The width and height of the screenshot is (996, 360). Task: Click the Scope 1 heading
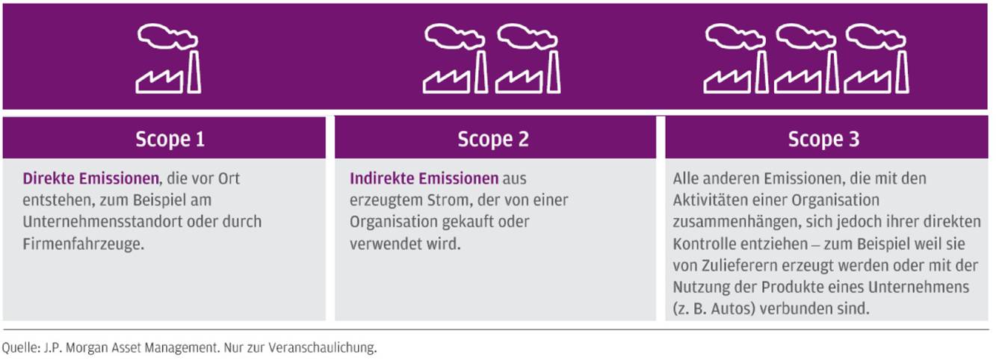pyautogui.click(x=170, y=139)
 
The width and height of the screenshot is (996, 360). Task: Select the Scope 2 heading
pyautogui.click(x=493, y=139)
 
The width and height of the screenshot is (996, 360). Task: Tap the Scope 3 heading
pyautogui.click(x=823, y=139)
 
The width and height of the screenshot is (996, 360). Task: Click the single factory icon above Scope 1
pyautogui.click(x=169, y=59)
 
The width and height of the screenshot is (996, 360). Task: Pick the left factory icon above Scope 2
pyautogui.click(x=455, y=59)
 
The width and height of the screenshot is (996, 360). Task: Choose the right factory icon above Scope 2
pyautogui.click(x=528, y=59)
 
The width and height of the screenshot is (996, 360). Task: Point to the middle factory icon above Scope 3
pyautogui.click(x=806, y=59)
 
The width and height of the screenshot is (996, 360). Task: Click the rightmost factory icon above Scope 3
pyautogui.click(x=876, y=59)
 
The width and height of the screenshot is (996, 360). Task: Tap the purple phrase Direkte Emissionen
pyautogui.click(x=90, y=179)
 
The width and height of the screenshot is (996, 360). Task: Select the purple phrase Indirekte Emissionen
pyautogui.click(x=424, y=179)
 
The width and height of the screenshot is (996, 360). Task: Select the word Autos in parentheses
pyautogui.click(x=733, y=308)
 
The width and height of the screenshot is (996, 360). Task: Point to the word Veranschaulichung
pyautogui.click(x=322, y=347)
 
